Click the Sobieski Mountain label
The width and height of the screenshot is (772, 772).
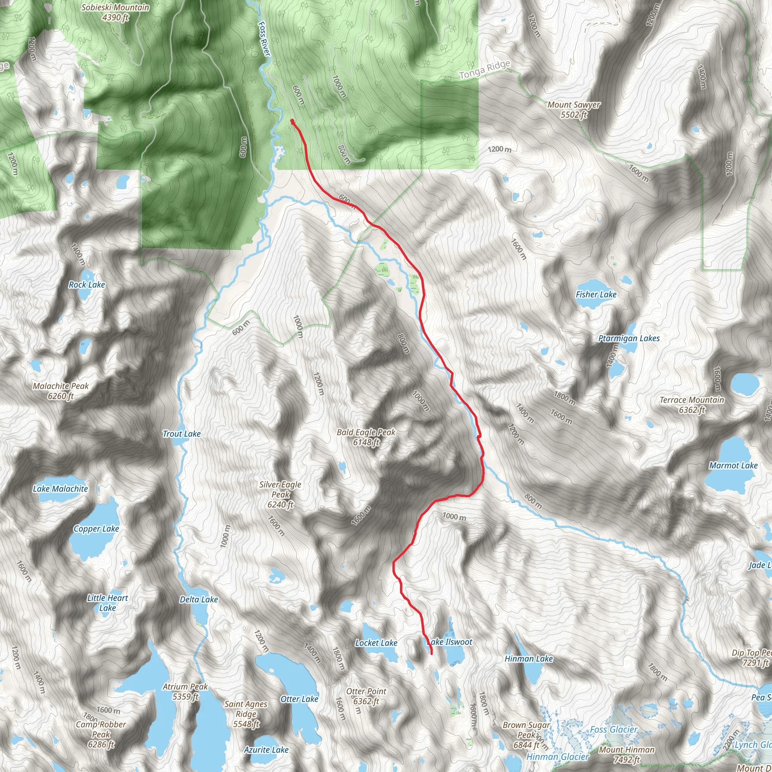[x=115, y=12]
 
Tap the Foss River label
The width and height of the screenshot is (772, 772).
[x=264, y=38]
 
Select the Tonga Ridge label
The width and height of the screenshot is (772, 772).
[x=484, y=70]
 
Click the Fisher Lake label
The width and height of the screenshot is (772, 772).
[x=596, y=294]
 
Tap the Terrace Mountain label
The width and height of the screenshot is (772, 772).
[x=692, y=405]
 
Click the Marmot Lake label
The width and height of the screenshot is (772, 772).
[x=733, y=466]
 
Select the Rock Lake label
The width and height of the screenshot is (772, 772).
[x=87, y=285]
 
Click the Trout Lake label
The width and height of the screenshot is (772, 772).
[x=182, y=434]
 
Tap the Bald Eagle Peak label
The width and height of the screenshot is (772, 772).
[x=366, y=437]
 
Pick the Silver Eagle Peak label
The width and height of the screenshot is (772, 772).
[x=280, y=494]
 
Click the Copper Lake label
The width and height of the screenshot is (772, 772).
[x=96, y=529]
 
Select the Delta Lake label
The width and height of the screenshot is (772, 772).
[x=199, y=599]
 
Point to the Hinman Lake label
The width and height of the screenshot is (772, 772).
[x=528, y=659]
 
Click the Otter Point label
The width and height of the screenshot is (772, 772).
[x=366, y=696]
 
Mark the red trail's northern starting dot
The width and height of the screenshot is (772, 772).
[x=293, y=121]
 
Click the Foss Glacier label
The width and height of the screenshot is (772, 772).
[x=614, y=730]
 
